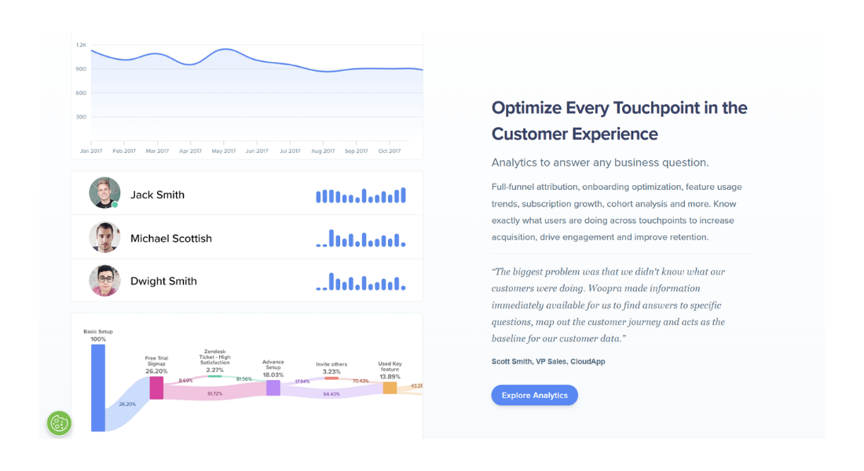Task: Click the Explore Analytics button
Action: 534,395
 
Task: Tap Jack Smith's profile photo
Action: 104,193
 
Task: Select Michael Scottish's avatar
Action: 104,237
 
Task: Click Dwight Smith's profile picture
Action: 104,280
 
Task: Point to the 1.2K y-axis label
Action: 81,45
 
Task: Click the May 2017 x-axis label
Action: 224,151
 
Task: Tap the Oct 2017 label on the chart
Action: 390,151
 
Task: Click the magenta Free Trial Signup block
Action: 156,388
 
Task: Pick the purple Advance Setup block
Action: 273,388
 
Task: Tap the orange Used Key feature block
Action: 390,387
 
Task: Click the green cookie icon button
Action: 59,423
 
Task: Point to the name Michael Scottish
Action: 171,239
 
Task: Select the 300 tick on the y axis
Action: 81,117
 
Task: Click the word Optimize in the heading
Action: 525,108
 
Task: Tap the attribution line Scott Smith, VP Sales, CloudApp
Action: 548,361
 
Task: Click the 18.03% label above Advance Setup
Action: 273,375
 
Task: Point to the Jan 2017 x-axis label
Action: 91,151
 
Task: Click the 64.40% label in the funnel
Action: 331,394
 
